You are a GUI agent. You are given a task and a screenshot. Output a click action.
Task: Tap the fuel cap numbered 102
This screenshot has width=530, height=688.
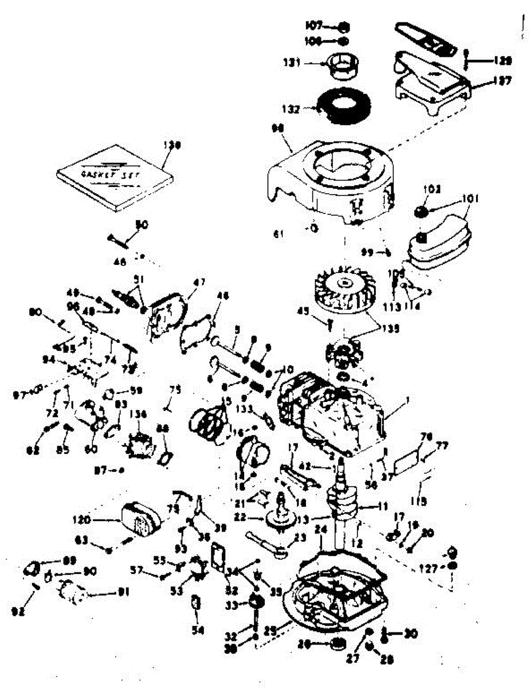click(423, 211)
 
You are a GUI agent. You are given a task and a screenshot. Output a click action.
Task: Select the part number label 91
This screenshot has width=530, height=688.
click(123, 591)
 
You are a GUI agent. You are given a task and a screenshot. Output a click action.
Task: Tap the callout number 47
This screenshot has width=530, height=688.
click(199, 282)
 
